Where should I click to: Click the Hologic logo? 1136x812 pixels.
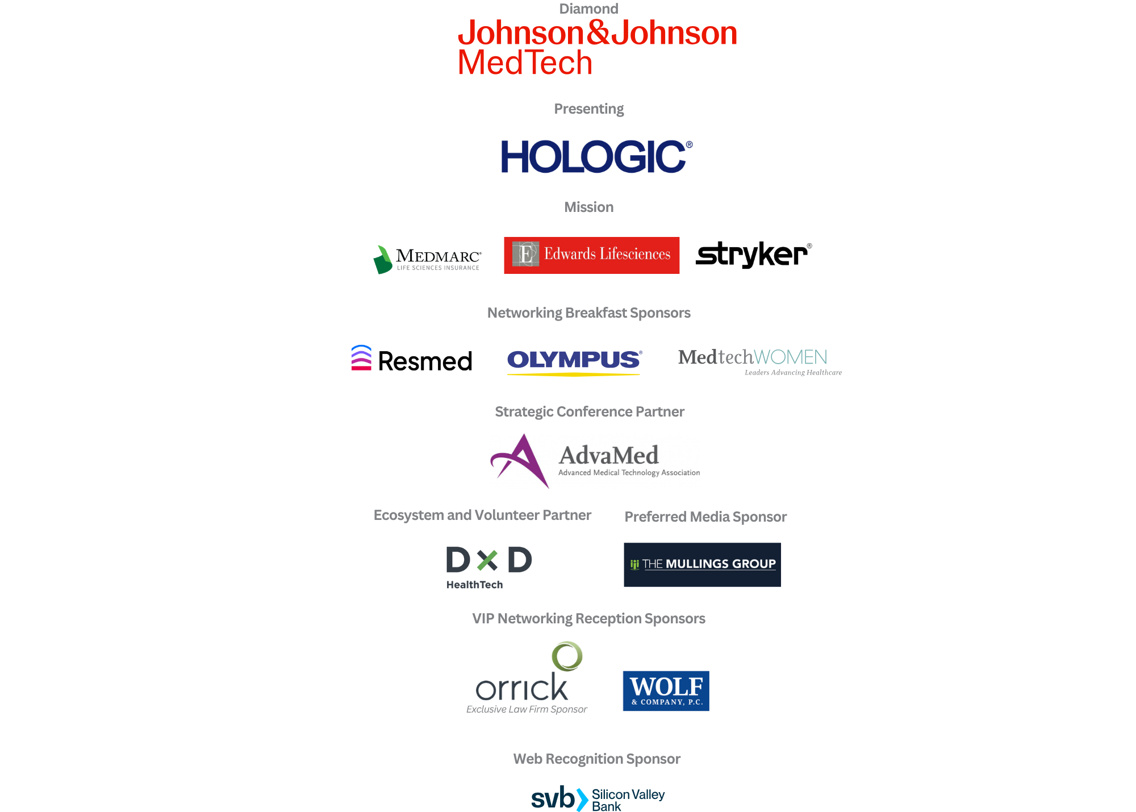[596, 156]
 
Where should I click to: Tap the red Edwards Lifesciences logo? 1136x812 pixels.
[591, 255]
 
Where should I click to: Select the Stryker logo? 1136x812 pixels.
[754, 254]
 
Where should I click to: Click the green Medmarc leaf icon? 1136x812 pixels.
[382, 260]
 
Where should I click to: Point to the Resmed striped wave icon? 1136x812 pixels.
[361, 357]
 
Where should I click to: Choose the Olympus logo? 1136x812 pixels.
[574, 362]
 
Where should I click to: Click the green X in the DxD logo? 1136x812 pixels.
[487, 560]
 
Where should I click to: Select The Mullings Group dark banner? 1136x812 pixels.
[702, 564]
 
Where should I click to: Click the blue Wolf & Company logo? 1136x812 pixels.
[666, 690]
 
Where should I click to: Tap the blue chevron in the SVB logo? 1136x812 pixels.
[582, 799]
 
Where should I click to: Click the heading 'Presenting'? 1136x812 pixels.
[589, 109]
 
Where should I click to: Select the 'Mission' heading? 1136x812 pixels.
[589, 207]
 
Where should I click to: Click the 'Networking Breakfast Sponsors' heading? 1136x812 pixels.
[589, 313]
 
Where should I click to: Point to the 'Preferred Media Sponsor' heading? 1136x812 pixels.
[705, 517]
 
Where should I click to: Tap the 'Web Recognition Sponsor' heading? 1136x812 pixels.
[597, 759]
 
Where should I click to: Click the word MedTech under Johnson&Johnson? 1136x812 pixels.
[525, 62]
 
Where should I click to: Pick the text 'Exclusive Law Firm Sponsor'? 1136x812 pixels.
[527, 709]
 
